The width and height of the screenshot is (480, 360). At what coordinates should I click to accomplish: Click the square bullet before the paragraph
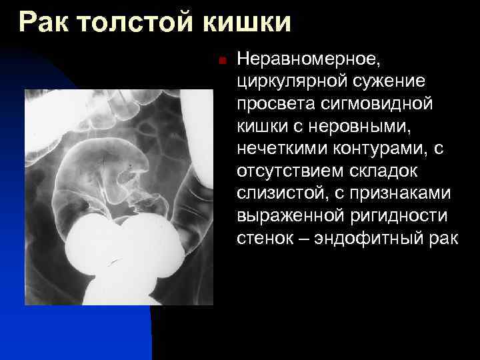223,61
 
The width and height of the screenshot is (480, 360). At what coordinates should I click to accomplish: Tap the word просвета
275,104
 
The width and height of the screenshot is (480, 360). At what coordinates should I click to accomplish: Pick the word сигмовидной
377,104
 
